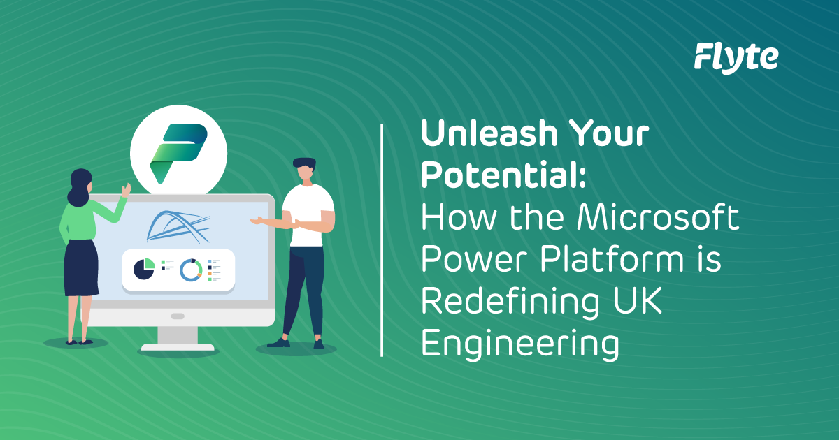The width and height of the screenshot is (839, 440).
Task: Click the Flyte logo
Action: (736, 57)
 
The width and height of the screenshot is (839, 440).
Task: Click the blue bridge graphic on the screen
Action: (178, 225)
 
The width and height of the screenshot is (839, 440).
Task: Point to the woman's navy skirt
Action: (82, 265)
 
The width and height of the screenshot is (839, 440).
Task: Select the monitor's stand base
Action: (178, 346)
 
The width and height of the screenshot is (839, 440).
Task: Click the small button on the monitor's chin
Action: (178, 316)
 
